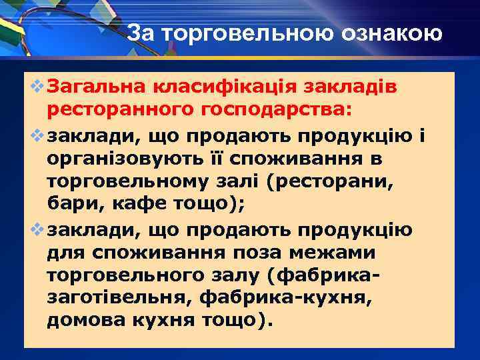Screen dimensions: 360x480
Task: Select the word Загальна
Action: point(97,87)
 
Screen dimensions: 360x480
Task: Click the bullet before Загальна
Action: point(36,87)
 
